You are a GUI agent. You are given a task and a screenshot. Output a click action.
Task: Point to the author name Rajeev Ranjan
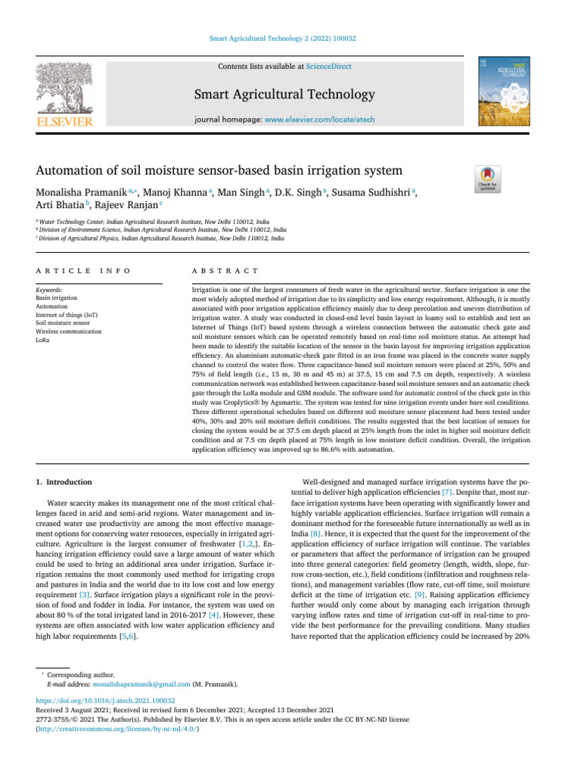click(118, 207)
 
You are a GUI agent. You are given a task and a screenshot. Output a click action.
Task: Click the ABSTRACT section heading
click(227, 270)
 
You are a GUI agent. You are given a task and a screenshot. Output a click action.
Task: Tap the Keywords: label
click(50, 290)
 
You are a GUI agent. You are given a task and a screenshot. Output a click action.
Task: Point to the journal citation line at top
click(290, 38)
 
